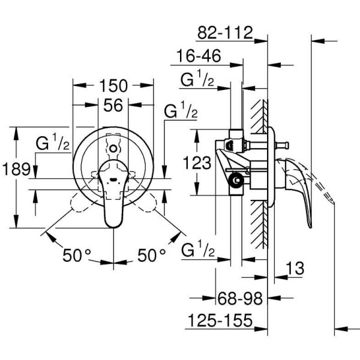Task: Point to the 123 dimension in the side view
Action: click(x=197, y=162)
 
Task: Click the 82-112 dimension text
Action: click(x=224, y=32)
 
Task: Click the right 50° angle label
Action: click(x=151, y=255)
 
